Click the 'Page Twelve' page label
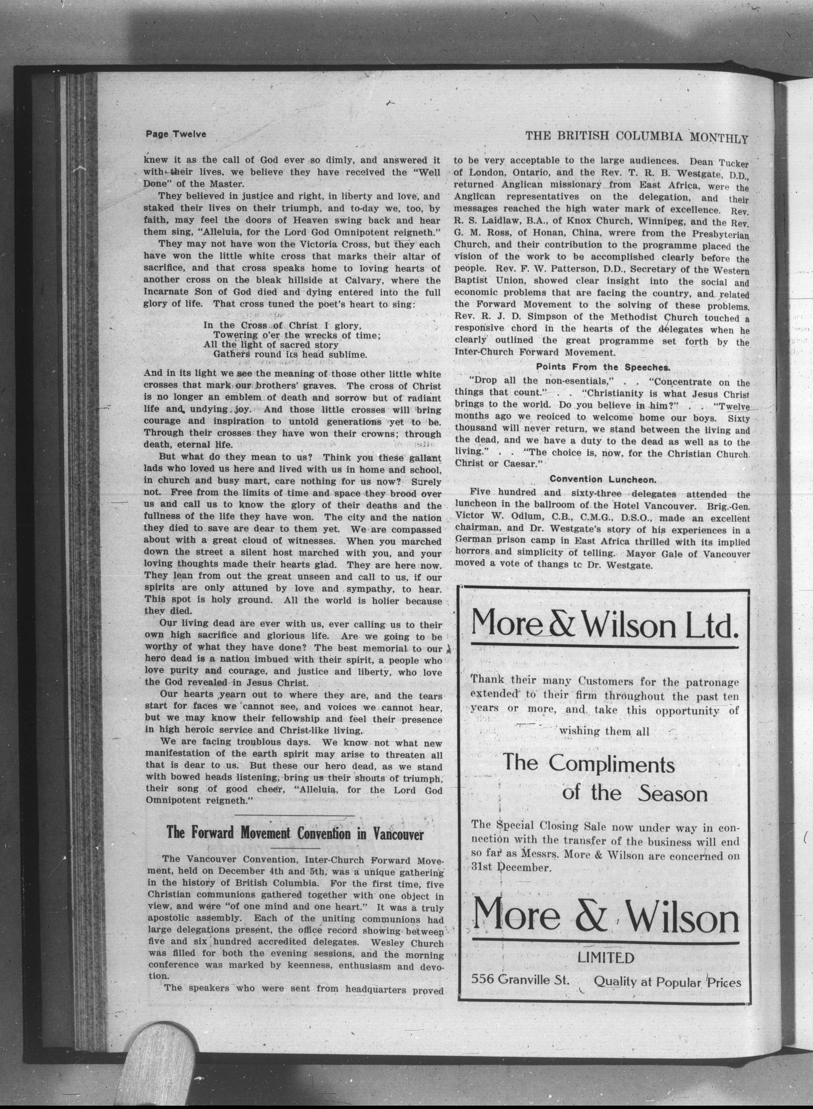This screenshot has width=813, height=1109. (x=176, y=134)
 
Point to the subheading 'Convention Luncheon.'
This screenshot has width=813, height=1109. (x=602, y=478)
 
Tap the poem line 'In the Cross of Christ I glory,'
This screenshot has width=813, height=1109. (x=283, y=325)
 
